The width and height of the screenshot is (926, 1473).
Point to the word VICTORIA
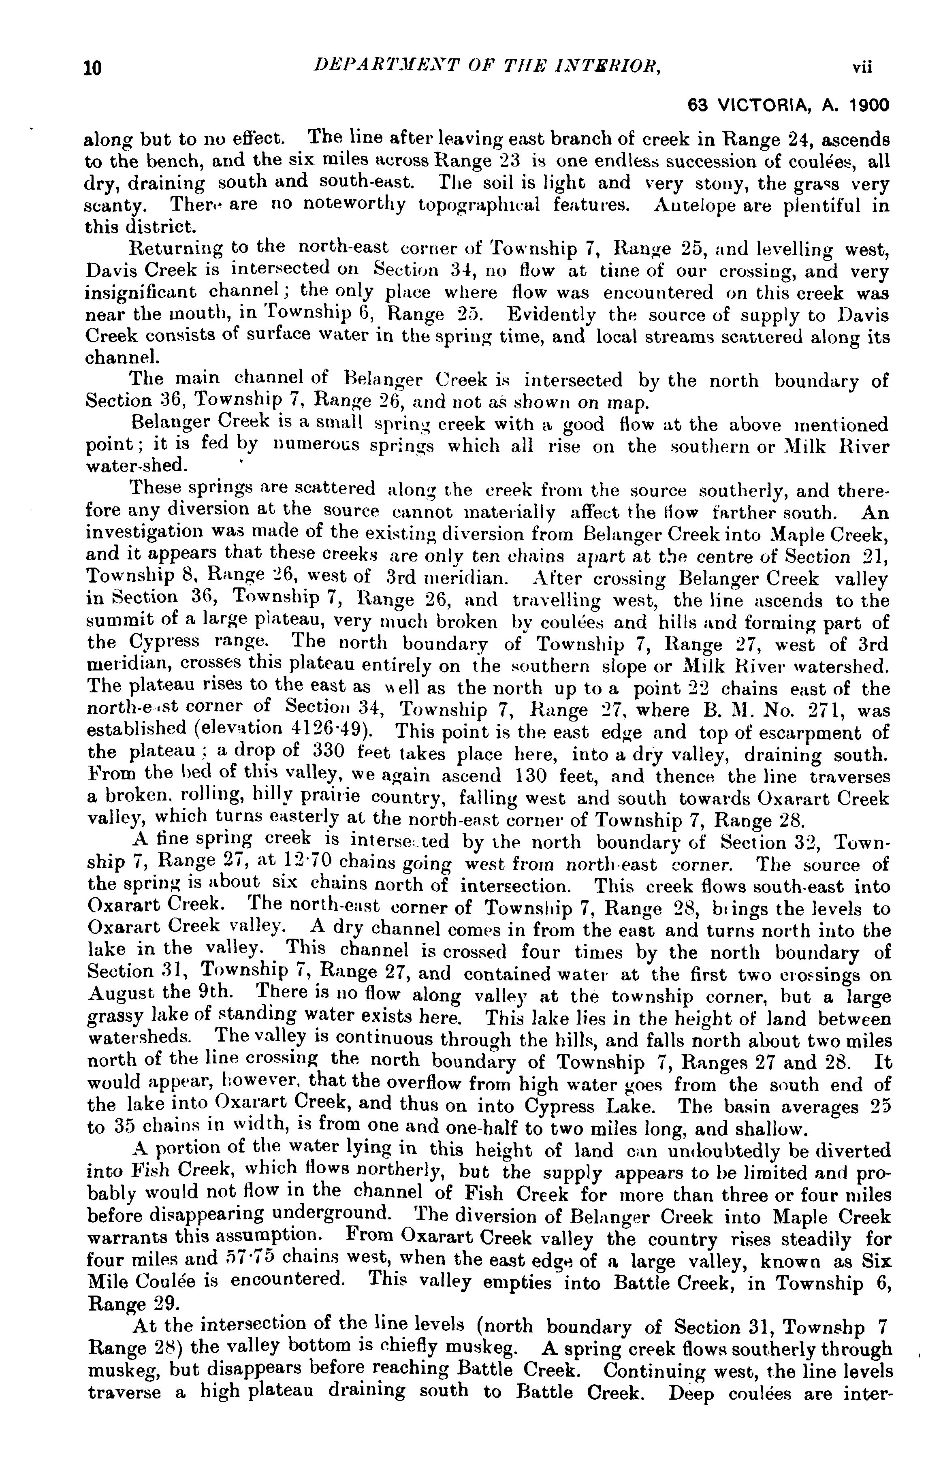[762, 105]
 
